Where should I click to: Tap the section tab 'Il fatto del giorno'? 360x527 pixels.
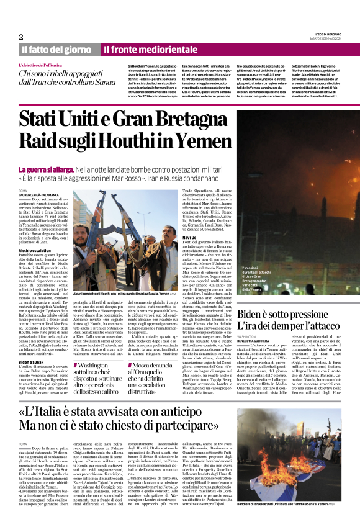point(57,49)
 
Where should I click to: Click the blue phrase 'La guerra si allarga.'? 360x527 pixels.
point(47,169)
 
